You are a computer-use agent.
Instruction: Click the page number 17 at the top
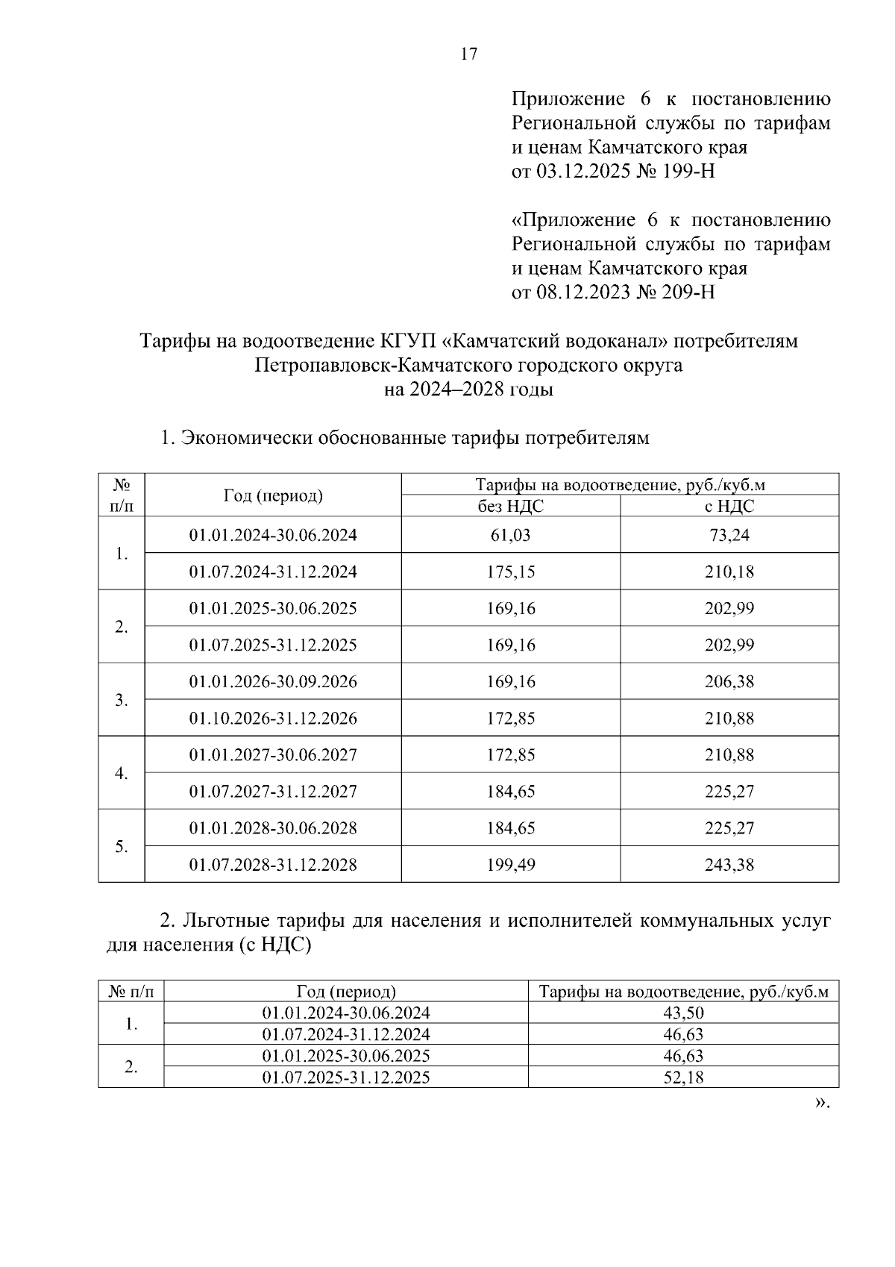(469, 54)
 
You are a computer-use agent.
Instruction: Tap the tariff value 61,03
(511, 535)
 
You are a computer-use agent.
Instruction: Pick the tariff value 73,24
(729, 535)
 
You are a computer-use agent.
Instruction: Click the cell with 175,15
(511, 572)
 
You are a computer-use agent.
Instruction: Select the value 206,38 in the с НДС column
(729, 681)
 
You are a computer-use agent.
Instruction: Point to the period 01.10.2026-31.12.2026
(273, 718)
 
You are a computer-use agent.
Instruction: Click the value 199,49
(511, 864)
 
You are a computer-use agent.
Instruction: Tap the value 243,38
(729, 864)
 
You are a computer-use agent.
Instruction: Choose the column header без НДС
(511, 506)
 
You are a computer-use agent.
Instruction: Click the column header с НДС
(729, 506)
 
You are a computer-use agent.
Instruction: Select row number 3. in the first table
(122, 700)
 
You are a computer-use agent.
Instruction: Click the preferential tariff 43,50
(683, 1013)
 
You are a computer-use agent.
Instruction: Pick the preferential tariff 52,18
(683, 1077)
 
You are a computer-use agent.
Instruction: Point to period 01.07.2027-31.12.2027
(273, 791)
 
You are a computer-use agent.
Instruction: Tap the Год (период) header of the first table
(273, 495)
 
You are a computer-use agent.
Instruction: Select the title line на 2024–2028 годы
(468, 390)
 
